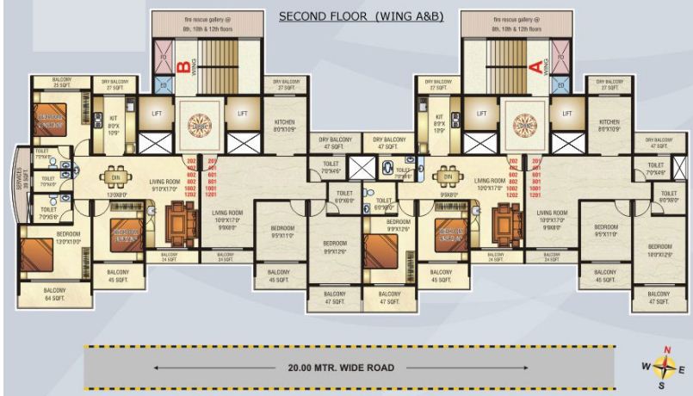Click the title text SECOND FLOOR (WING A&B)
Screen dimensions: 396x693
(x=361, y=16)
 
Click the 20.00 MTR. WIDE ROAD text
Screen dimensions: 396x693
(x=349, y=366)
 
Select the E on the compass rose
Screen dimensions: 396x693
(x=682, y=370)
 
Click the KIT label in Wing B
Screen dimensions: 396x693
(x=113, y=118)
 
